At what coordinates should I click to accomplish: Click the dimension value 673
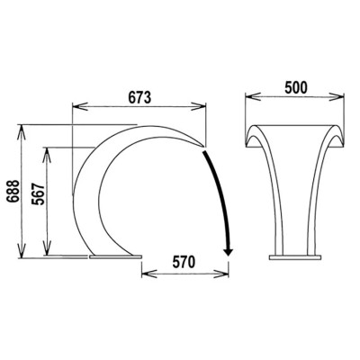pyautogui.click(x=139, y=97)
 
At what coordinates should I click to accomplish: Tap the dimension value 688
pyautogui.click(x=13, y=192)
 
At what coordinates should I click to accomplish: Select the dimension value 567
pyautogui.click(x=38, y=193)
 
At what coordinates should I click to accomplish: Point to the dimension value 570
pyautogui.click(x=184, y=262)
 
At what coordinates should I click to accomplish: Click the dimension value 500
pyautogui.click(x=296, y=87)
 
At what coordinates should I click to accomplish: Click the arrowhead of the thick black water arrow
pyautogui.click(x=229, y=251)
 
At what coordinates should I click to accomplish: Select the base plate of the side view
pyautogui.click(x=115, y=256)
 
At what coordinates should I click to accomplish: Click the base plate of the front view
pyautogui.click(x=295, y=257)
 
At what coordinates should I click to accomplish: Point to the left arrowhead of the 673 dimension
pyautogui.click(x=79, y=106)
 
